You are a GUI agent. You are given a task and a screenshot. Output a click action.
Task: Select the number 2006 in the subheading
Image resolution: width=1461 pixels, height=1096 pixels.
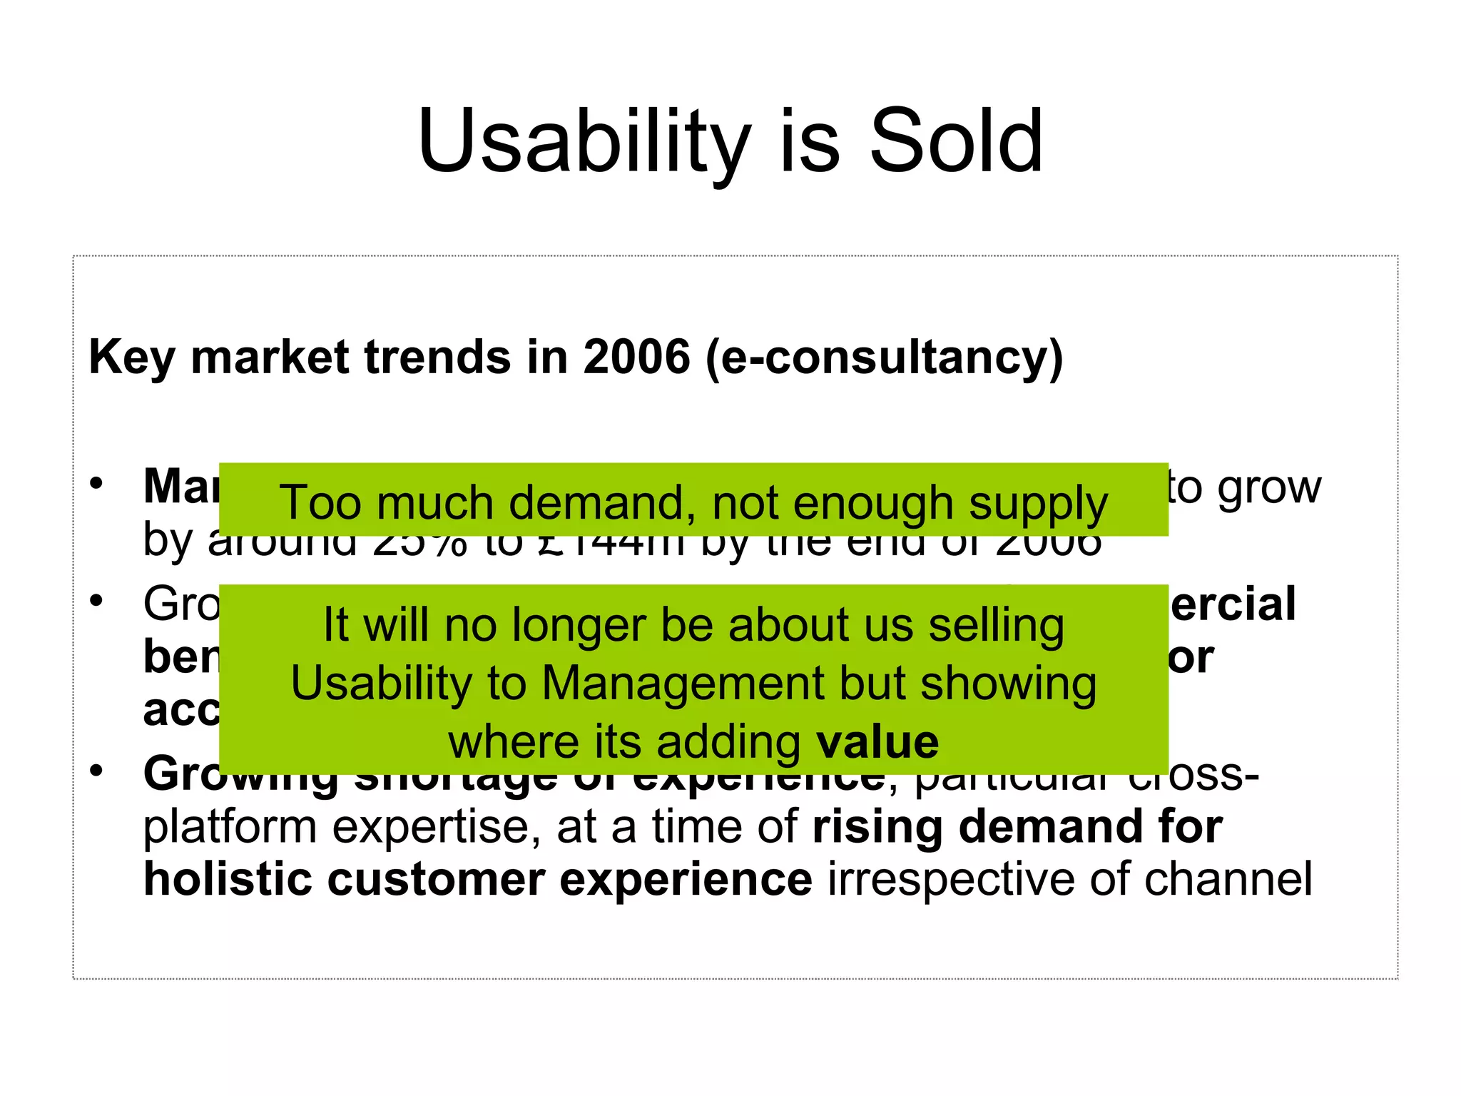click(x=636, y=357)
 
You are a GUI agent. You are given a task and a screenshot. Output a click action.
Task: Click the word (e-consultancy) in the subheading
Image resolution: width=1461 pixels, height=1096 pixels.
click(x=884, y=358)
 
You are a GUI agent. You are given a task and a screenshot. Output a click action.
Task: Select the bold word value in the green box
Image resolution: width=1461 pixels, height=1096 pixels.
click(x=877, y=742)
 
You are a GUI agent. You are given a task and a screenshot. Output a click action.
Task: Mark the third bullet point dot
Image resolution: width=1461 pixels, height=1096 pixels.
click(x=96, y=771)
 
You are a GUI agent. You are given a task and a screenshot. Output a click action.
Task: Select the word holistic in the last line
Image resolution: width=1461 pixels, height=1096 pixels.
click(x=228, y=879)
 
